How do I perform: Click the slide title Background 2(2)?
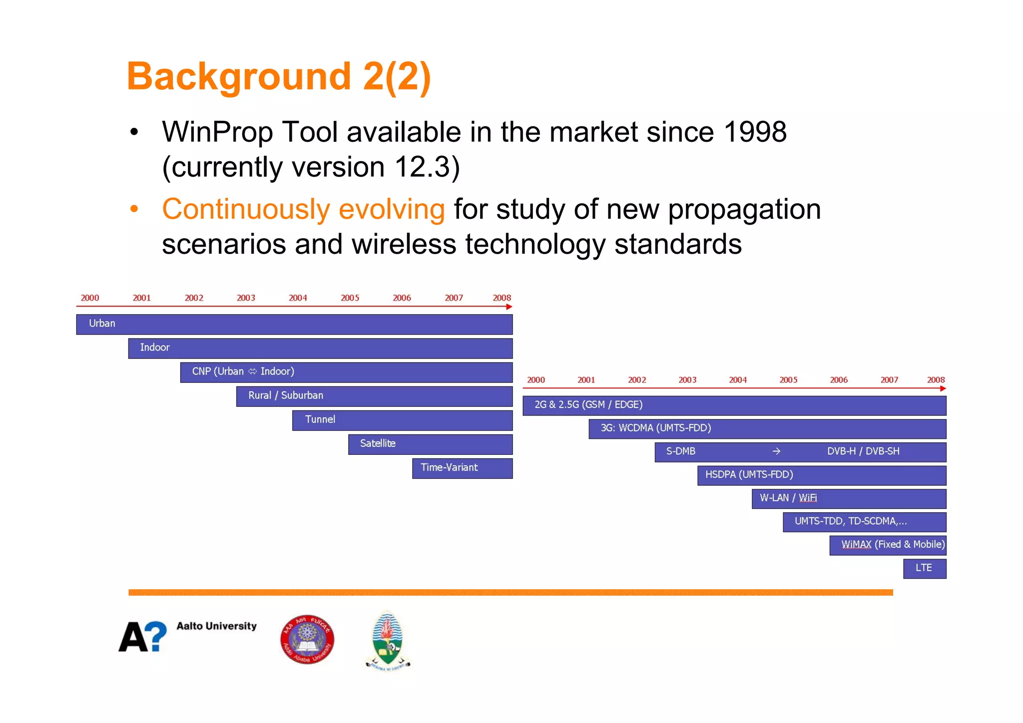pos(278,76)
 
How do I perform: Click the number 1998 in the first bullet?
pos(755,132)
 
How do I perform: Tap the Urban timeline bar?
pos(294,324)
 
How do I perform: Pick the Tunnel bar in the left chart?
pos(402,420)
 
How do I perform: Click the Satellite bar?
pos(430,444)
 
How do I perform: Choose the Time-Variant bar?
pos(462,468)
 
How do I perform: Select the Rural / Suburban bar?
pos(374,396)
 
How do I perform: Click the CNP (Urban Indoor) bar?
pos(346,372)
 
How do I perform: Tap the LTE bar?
pos(924,568)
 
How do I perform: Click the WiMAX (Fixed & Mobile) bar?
pos(888,545)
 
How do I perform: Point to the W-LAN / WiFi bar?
pos(849,498)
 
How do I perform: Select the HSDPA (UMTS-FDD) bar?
pos(822,475)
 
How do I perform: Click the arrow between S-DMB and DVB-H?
pos(776,451)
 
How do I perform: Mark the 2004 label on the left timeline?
pos(298,298)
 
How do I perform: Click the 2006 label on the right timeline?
pos(839,380)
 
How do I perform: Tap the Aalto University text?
pos(216,626)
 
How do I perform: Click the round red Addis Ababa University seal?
pos(307,640)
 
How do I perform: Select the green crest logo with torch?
pos(388,640)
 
